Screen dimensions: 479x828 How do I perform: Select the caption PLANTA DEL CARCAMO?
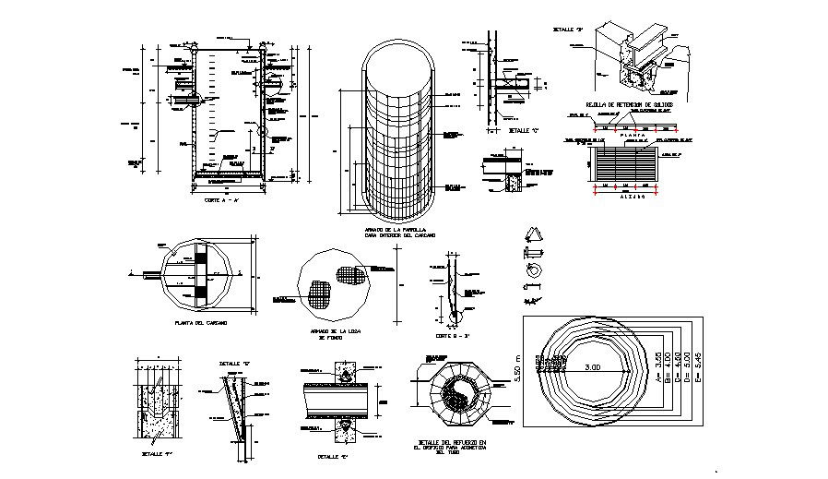pos(201,323)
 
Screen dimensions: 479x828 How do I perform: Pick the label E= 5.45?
pos(698,369)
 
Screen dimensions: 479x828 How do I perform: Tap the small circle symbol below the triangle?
pos(531,270)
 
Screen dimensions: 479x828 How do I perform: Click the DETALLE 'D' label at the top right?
pos(567,30)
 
